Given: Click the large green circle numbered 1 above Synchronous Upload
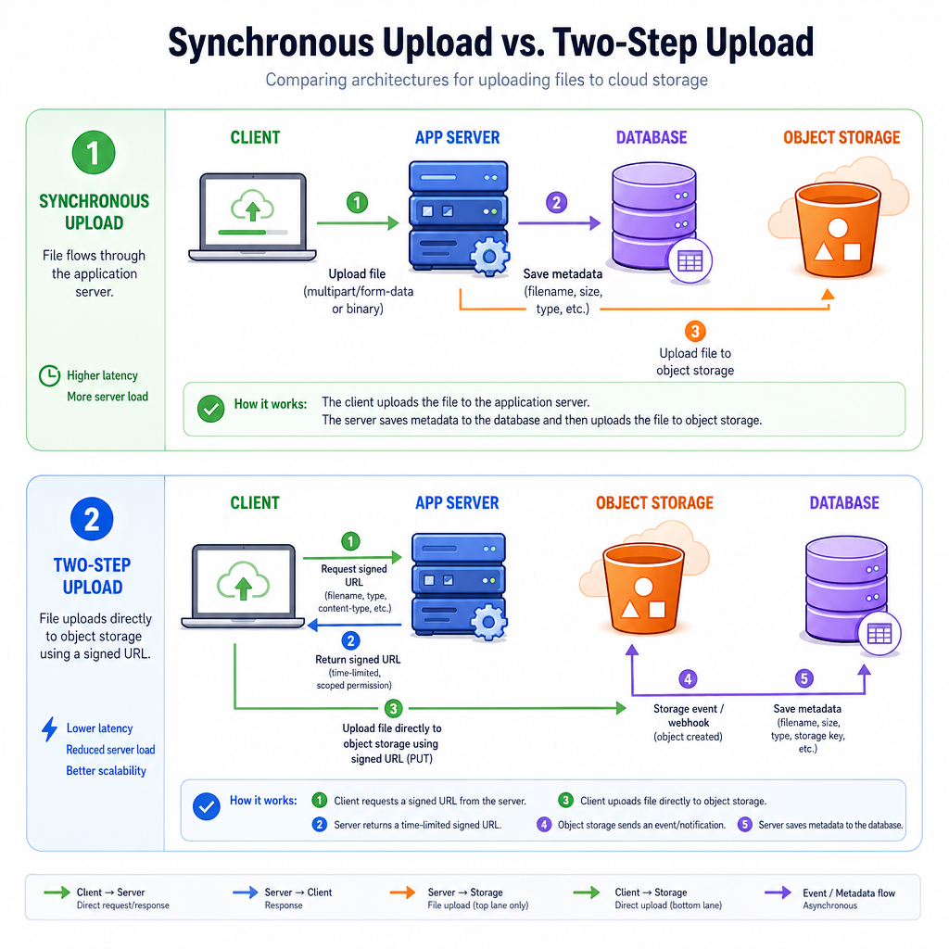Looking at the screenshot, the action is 94,153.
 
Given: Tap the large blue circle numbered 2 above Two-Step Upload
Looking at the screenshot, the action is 92,519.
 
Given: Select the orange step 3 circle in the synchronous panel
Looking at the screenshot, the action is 695,331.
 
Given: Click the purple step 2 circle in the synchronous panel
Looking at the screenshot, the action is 556,202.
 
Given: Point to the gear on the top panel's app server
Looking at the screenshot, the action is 489,258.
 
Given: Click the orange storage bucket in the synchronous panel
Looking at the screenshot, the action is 838,230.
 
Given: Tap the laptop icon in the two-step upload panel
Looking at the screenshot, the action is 244,586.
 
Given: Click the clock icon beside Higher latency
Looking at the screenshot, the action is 50,376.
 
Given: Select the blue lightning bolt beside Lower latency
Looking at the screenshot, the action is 50,729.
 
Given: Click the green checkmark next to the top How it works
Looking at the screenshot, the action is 210,409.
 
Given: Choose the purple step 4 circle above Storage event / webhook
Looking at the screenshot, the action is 688,679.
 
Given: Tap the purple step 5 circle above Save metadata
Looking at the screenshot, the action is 803,678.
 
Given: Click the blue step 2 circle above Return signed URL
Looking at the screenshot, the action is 350,640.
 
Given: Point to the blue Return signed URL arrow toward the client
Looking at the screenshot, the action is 355,625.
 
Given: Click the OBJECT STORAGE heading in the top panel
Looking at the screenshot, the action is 841,137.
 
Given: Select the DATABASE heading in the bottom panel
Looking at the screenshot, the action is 844,503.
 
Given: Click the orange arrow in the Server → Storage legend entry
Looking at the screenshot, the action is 402,892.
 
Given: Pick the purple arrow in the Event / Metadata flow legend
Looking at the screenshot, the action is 778,892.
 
